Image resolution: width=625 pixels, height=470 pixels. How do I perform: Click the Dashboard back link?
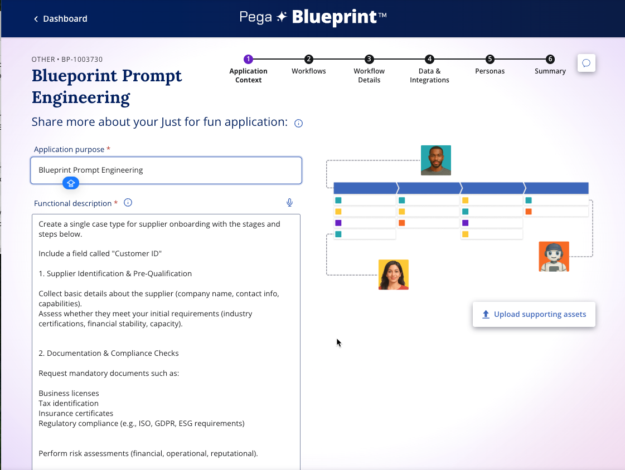tap(61, 19)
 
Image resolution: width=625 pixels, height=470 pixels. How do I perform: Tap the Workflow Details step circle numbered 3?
tap(369, 59)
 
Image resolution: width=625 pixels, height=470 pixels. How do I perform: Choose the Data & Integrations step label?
tap(429, 76)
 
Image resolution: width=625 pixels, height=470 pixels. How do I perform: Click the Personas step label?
tap(490, 71)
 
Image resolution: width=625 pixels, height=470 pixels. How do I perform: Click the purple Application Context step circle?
tap(248, 59)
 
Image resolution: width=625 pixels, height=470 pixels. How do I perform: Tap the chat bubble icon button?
tap(587, 63)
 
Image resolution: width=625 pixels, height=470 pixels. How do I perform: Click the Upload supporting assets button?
tap(534, 315)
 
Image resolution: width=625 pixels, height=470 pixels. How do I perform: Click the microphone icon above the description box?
tap(290, 203)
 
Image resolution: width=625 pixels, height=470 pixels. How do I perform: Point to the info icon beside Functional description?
tap(128, 203)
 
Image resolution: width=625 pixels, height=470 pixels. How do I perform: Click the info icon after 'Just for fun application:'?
tap(298, 124)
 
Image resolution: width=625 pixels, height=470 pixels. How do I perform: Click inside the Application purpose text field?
tap(166, 170)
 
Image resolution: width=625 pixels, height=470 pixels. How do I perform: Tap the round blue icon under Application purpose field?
tap(71, 183)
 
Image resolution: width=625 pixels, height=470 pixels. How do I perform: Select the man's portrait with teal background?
tap(436, 160)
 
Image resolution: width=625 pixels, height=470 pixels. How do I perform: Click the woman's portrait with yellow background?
tap(394, 275)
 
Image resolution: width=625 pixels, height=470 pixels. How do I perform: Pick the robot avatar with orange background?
tap(554, 257)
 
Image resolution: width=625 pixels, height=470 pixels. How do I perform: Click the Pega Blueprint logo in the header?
tap(313, 17)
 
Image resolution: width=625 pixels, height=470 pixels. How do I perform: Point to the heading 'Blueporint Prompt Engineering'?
tap(107, 86)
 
